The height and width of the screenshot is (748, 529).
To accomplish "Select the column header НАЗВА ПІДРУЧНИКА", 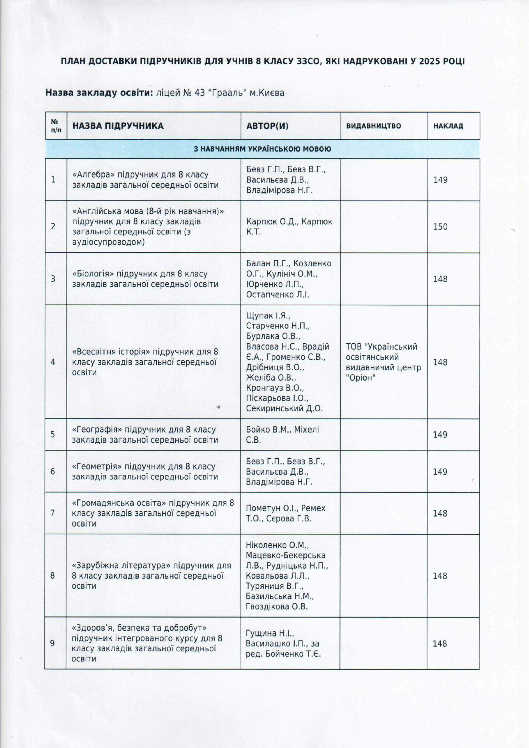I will [118, 126].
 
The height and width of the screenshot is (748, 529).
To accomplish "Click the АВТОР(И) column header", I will [267, 126].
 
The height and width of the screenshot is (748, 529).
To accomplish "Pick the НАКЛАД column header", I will [448, 126].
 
